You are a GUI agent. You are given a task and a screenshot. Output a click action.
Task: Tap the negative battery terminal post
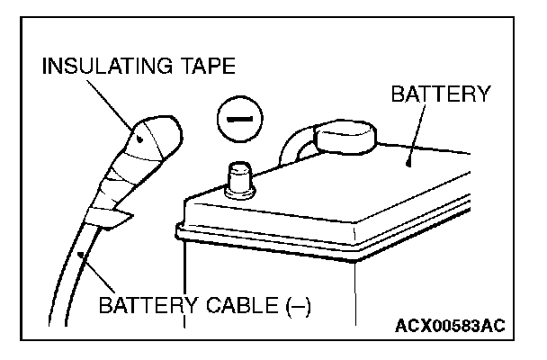240,177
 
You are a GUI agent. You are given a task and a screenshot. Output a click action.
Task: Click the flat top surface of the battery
360,189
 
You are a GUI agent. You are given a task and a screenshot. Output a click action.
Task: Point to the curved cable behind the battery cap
292,144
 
